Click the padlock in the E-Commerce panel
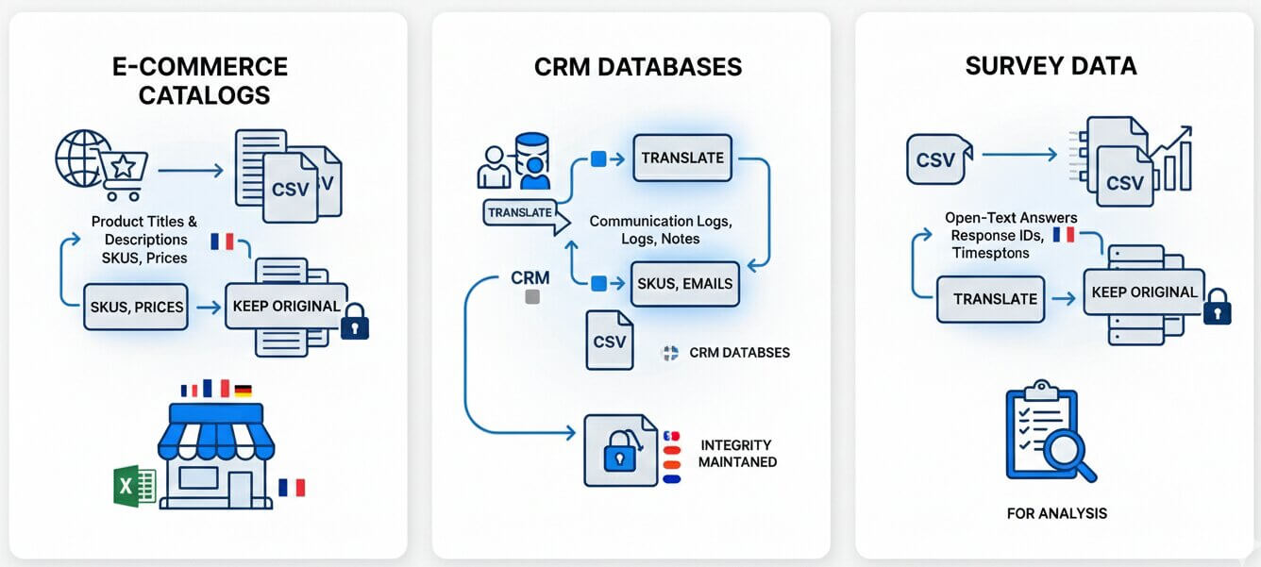pos(355,324)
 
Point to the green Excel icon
pos(135,486)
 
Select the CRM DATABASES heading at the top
pos(638,67)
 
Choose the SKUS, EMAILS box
pos(683,283)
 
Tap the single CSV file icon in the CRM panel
pos(609,341)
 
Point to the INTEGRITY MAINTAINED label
pos(737,453)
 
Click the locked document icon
pos(620,451)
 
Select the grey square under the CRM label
pos(530,297)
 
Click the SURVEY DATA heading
pos(1051,66)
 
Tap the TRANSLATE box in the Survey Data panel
pos(994,299)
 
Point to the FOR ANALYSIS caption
pos(1057,513)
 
